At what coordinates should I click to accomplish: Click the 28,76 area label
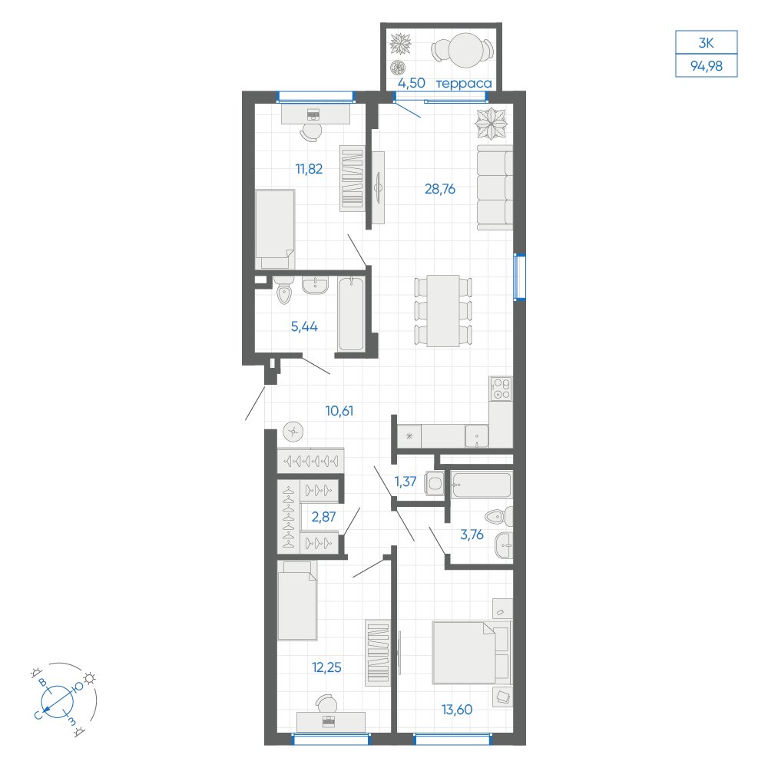(x=440, y=189)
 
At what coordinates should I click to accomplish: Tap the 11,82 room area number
(x=309, y=169)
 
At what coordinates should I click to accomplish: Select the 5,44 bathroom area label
(x=304, y=326)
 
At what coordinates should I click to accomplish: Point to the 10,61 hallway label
(x=339, y=411)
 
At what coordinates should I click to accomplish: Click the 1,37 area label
(x=406, y=482)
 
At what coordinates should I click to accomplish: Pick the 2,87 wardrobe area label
(x=324, y=517)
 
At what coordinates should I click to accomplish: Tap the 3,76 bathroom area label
(x=472, y=535)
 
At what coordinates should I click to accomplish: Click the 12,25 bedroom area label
(x=326, y=667)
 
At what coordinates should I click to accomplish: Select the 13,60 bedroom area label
(x=457, y=709)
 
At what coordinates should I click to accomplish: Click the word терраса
(x=464, y=84)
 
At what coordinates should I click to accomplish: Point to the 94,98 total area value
(x=707, y=65)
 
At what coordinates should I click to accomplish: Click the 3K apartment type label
(x=707, y=43)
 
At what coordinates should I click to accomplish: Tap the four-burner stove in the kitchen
(x=501, y=389)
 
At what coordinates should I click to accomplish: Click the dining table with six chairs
(x=443, y=311)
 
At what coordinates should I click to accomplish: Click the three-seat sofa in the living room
(x=495, y=187)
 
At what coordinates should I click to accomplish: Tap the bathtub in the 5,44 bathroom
(x=351, y=314)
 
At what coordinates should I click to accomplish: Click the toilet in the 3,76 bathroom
(x=498, y=517)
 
